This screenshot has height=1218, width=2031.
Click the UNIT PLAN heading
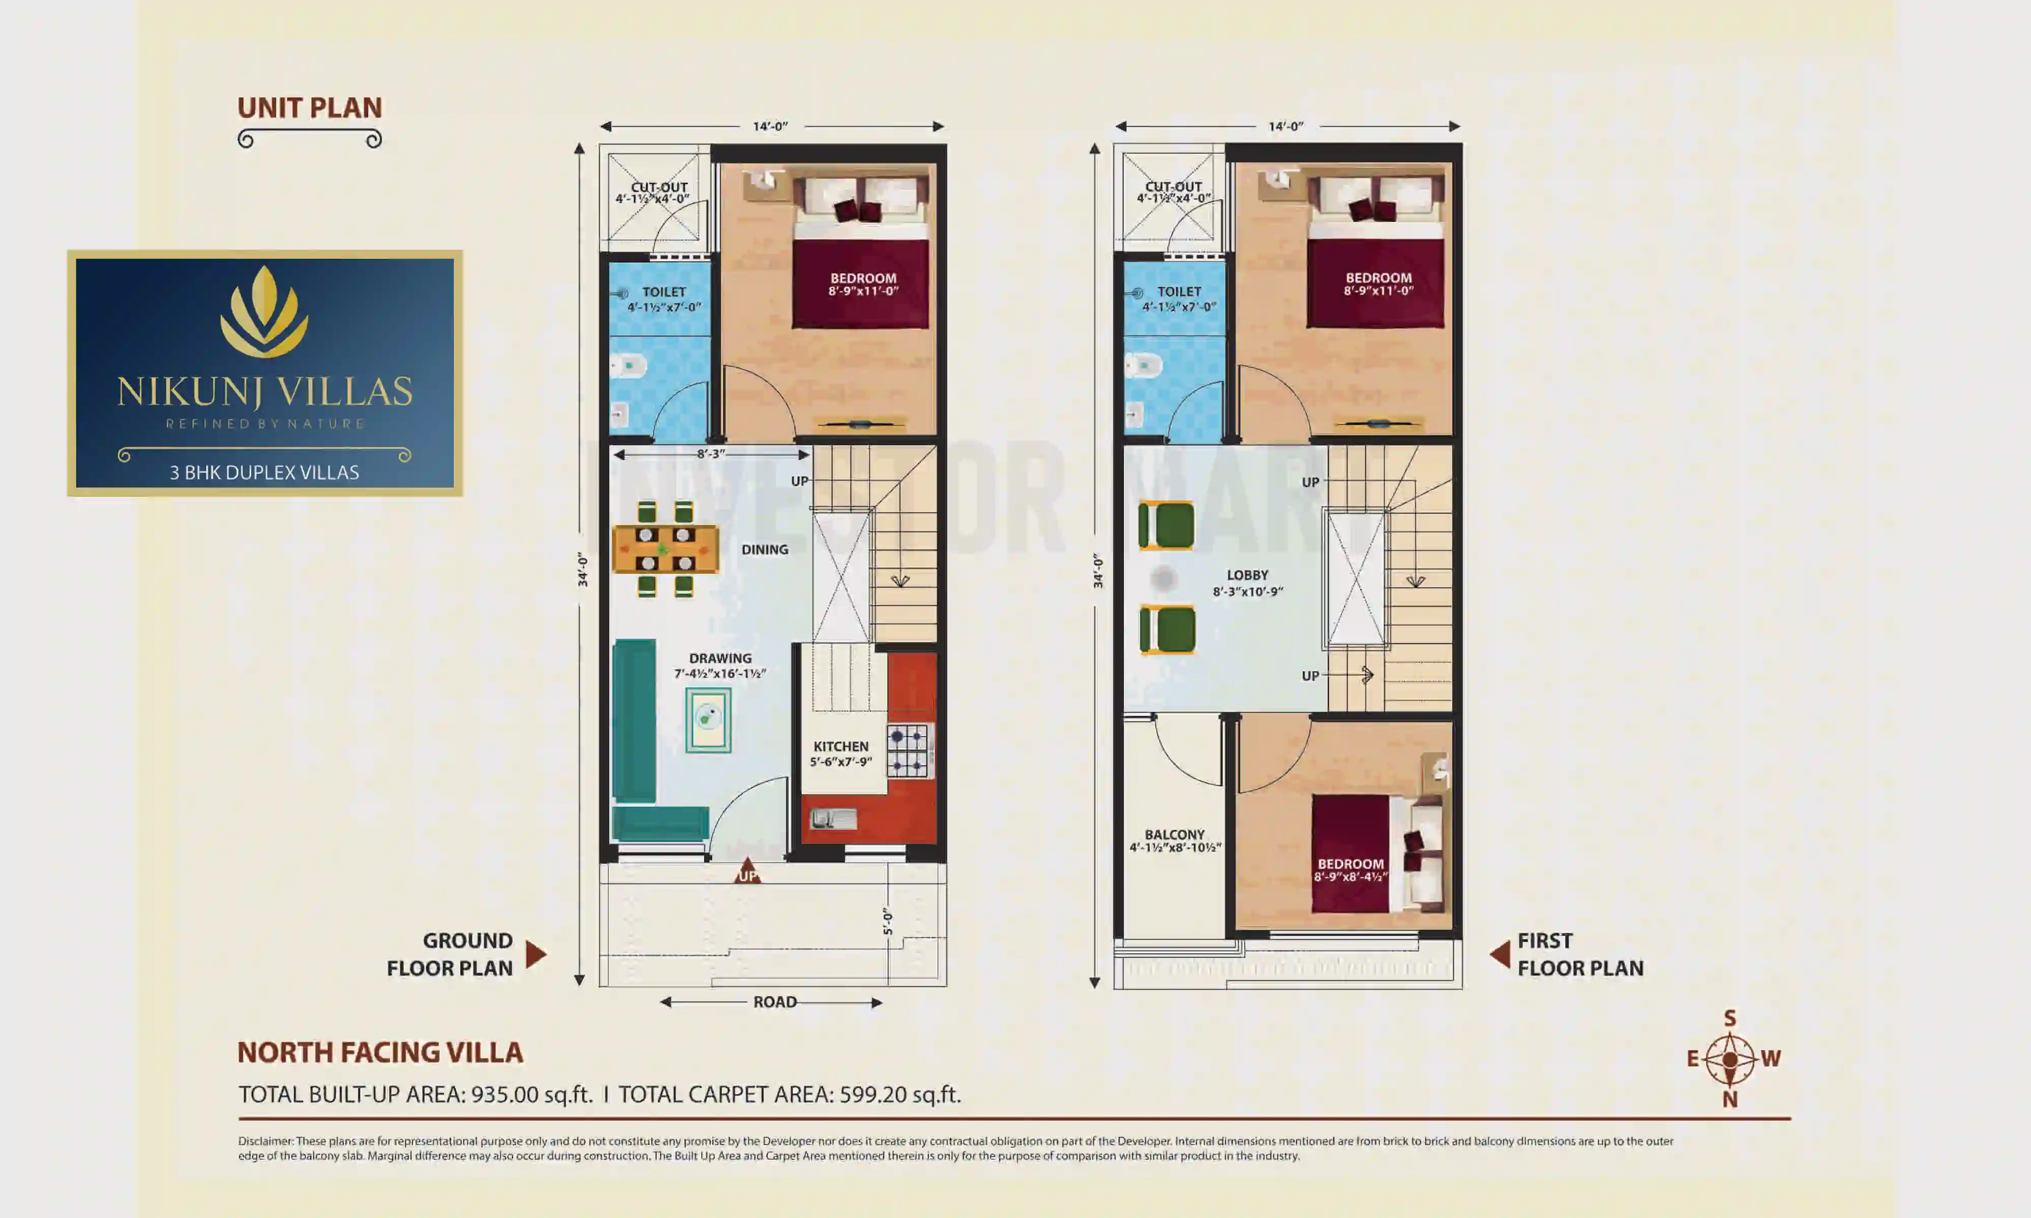[x=310, y=108]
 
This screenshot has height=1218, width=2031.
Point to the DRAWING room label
[x=720, y=658]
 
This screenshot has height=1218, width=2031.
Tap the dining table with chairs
[x=665, y=548]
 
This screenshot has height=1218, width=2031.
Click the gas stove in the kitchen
[x=909, y=750]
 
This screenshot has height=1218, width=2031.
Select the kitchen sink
[x=832, y=818]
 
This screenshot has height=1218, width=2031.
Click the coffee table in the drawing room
[x=708, y=720]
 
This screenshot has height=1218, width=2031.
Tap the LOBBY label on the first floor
[x=1247, y=576]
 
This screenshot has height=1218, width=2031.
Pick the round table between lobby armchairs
[x=1163, y=579]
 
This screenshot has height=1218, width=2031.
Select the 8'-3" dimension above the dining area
[x=711, y=454]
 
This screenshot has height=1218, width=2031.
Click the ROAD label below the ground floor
[x=774, y=1002]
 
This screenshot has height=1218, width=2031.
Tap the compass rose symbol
[x=1730, y=1059]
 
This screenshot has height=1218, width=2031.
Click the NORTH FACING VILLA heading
[x=380, y=1052]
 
